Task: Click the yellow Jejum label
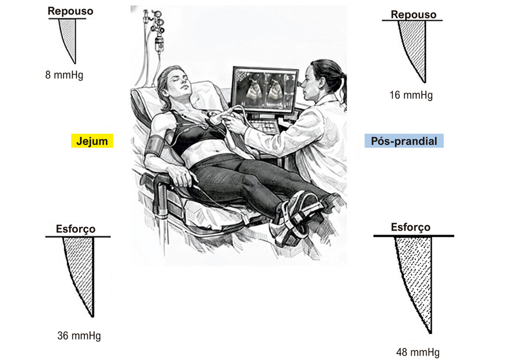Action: [x=92, y=140]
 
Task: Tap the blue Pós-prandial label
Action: [x=404, y=140]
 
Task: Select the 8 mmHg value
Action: [x=64, y=75]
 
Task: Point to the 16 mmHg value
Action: [x=411, y=95]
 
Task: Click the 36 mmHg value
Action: [x=79, y=336]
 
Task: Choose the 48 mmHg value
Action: [x=418, y=352]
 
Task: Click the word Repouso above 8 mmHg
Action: [x=70, y=11]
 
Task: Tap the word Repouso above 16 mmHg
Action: [x=413, y=14]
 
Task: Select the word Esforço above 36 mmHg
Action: [x=76, y=229]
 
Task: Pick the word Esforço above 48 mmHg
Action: [x=411, y=227]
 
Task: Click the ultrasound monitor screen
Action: [x=265, y=89]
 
